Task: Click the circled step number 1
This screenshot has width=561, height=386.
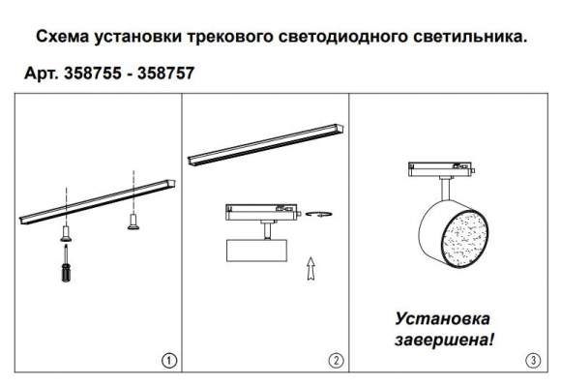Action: click(x=168, y=362)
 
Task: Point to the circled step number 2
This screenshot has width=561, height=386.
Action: click(x=336, y=362)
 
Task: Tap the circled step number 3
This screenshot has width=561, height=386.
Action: click(x=532, y=362)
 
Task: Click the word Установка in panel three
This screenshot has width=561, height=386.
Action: click(x=442, y=318)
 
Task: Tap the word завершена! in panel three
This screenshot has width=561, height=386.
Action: click(x=446, y=340)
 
